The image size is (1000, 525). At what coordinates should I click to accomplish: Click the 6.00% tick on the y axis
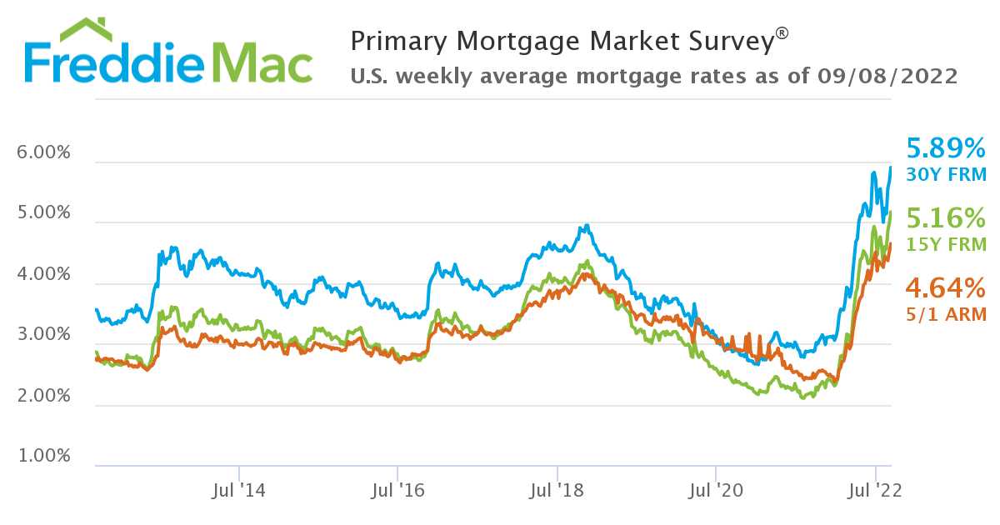tap(43, 153)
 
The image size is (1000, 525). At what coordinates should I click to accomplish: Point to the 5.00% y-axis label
tap(43, 214)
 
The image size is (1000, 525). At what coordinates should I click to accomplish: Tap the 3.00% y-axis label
tap(43, 336)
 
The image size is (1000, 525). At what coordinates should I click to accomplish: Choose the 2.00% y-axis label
tap(43, 397)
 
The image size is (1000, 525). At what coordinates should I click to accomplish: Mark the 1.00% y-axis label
tap(43, 457)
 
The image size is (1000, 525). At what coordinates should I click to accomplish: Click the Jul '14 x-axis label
tap(239, 492)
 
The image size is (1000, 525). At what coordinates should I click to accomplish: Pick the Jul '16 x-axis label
tap(398, 492)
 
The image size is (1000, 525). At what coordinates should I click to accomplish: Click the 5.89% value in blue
tap(946, 149)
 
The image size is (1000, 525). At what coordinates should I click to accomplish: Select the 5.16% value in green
tap(946, 219)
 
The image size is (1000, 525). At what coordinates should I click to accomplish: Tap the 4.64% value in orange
tap(946, 289)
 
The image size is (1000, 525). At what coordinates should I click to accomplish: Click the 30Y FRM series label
tap(946, 175)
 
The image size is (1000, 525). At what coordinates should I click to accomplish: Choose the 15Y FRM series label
tap(946, 245)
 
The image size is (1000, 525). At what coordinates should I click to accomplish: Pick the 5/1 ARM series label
tap(946, 315)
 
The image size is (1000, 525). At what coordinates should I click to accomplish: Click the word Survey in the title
tap(722, 40)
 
